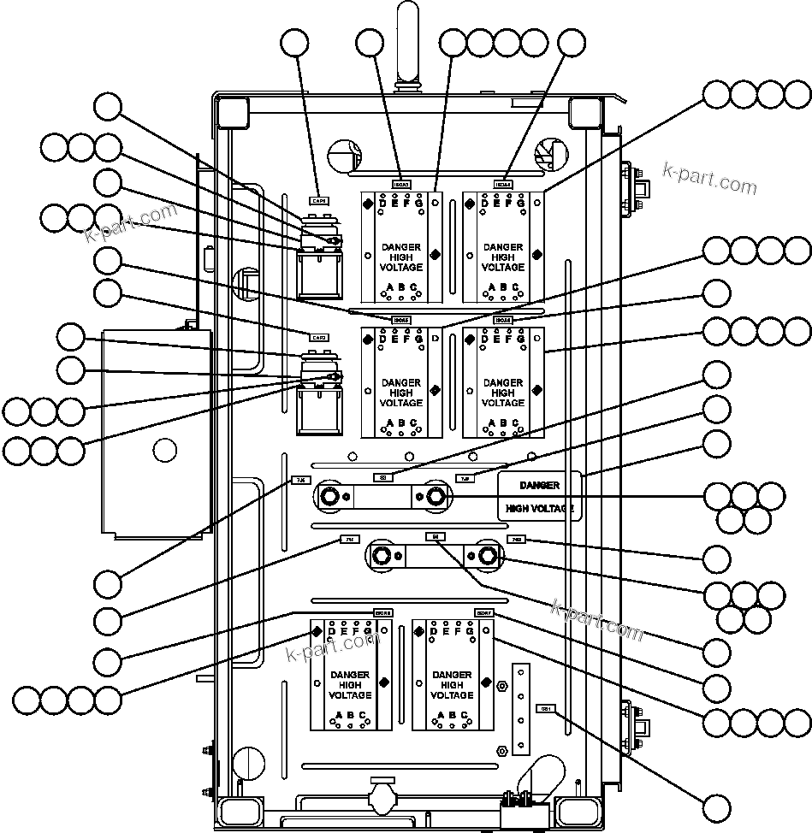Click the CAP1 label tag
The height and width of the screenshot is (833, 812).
(317, 199)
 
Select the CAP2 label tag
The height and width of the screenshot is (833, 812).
(317, 336)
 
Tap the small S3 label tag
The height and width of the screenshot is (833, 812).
(383, 476)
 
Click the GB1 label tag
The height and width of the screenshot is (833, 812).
(545, 708)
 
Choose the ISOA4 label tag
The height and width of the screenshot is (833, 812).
(503, 184)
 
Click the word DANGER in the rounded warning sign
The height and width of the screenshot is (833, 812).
(539, 485)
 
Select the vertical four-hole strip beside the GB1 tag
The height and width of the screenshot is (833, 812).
(519, 706)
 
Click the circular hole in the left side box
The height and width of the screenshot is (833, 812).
(165, 449)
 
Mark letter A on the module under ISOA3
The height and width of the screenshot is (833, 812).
(389, 287)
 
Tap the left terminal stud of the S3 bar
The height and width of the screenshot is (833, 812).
(329, 495)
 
